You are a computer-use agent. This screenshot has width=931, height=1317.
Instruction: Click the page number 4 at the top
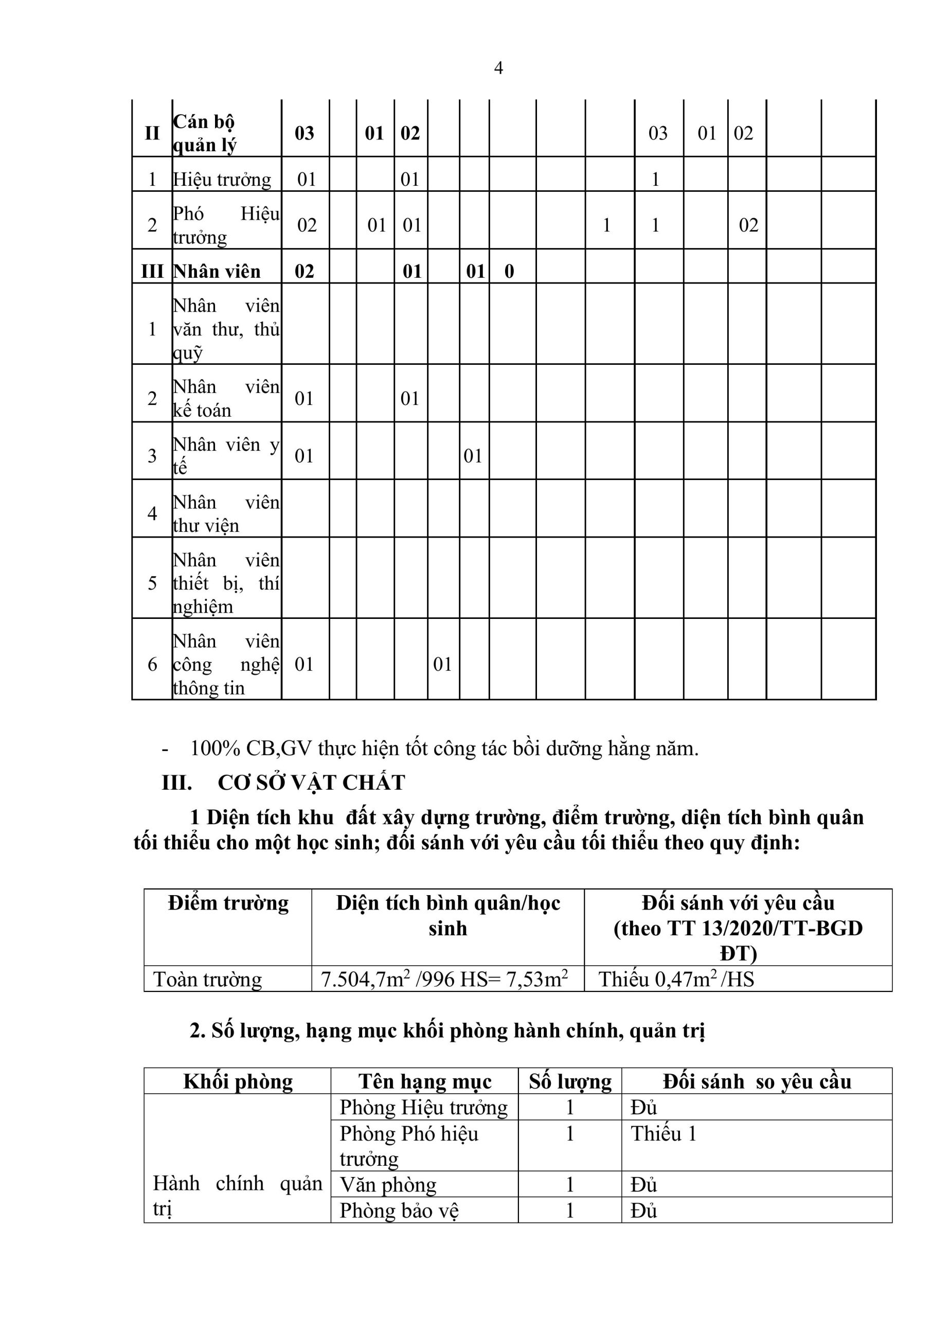click(498, 68)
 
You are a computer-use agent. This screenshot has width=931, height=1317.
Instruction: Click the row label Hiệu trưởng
click(222, 180)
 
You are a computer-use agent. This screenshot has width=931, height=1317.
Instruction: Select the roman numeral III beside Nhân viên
click(152, 271)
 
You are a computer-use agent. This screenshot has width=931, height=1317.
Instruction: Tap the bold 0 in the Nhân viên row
click(509, 271)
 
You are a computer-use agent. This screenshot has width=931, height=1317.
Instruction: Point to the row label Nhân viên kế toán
click(226, 398)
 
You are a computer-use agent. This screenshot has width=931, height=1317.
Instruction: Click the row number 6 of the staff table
click(152, 664)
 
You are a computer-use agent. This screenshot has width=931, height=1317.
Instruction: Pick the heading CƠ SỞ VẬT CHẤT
click(312, 782)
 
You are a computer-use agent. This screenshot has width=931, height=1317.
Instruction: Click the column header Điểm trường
click(228, 903)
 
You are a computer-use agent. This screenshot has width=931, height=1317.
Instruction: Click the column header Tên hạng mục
click(424, 1081)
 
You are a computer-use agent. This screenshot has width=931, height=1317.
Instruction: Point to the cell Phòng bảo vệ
click(399, 1211)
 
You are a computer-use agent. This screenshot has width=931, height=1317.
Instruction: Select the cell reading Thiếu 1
click(663, 1133)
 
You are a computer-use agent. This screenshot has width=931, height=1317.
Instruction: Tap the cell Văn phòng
click(388, 1184)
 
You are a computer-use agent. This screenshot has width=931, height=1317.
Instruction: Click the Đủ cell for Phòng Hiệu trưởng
click(643, 1107)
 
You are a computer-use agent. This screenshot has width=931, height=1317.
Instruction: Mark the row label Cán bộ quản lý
click(204, 133)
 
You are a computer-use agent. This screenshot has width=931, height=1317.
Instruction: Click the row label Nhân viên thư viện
click(226, 513)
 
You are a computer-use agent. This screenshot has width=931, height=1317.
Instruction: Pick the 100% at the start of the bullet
click(214, 749)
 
